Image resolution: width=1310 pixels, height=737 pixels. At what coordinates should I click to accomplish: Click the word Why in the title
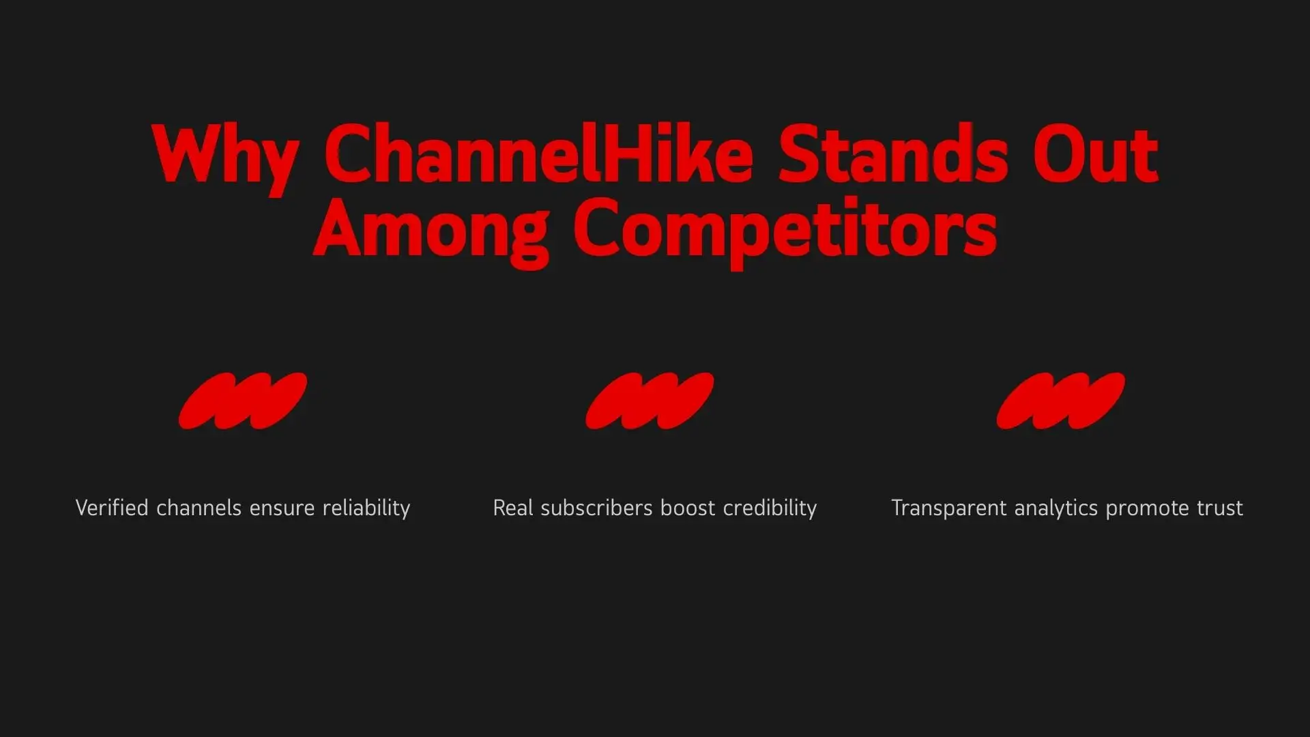225,158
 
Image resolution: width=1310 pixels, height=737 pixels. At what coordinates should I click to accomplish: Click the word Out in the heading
1096,154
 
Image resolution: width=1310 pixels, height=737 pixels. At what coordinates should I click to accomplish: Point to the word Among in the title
431,232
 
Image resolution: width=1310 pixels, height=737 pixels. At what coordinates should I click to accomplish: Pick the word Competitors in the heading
785,232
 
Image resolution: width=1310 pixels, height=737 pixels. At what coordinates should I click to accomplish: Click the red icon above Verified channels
243,401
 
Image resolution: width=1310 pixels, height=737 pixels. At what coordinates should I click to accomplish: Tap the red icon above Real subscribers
650,401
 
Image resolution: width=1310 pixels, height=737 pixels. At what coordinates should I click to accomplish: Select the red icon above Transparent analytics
1061,401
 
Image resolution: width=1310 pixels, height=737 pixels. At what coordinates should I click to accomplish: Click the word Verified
112,508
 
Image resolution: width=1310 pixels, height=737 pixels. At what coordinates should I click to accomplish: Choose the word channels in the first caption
199,508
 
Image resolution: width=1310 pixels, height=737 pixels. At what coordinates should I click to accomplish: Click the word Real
513,508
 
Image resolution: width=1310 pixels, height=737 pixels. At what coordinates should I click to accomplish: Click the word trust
1219,508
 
